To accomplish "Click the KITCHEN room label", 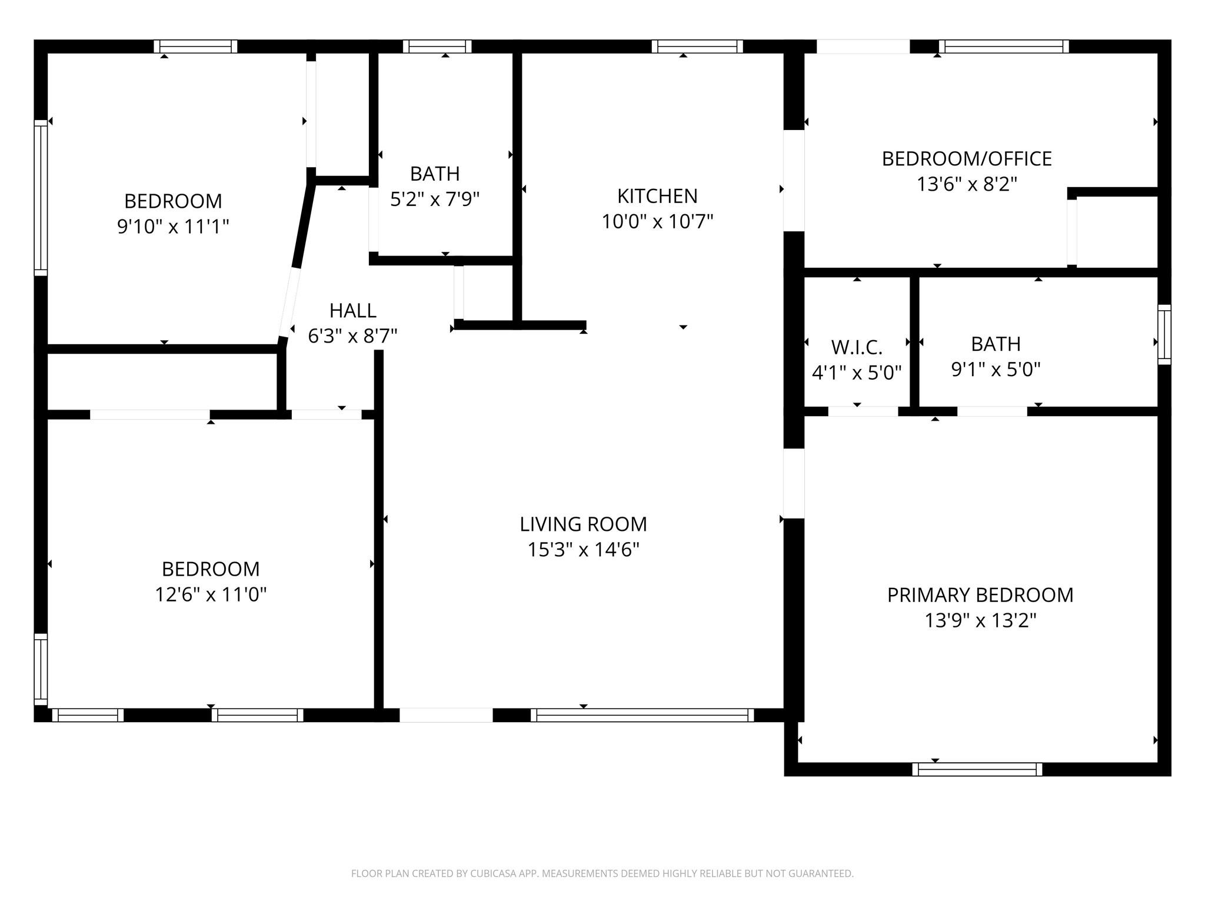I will (657, 196).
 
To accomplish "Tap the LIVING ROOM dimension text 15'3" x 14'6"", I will (583, 550).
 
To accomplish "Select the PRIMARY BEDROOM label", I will (980, 595).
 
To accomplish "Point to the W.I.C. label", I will (857, 347).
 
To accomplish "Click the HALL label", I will (353, 310).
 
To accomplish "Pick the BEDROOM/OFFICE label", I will (967, 159).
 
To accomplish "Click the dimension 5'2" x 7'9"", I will (435, 199).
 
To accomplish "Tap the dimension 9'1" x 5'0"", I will (996, 370).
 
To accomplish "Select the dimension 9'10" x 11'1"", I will (173, 226).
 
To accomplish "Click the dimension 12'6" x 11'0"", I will (211, 594).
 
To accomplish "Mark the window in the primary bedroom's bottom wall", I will (977, 769).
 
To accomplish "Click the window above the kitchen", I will (697, 46).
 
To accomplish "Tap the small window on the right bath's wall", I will (1164, 334).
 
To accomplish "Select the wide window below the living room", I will (642, 715).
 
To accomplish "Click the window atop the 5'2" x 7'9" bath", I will (437, 46).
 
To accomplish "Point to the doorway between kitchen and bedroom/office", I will (794, 180).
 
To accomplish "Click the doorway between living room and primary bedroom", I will (794, 484).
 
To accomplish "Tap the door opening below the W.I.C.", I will (863, 411).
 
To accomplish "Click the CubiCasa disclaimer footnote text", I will (602, 873).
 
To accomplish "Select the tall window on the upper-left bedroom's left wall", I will (41, 198).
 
